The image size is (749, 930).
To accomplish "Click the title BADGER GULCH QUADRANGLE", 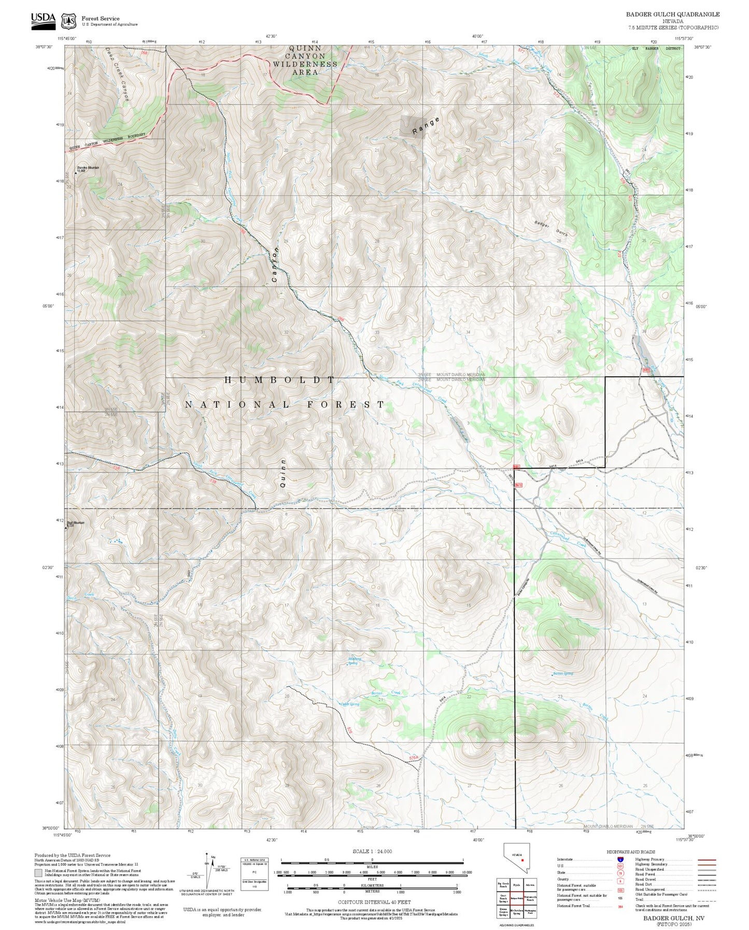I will (672, 15).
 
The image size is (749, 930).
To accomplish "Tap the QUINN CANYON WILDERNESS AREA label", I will (305, 60).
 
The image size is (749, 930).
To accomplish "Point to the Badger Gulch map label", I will (551, 229).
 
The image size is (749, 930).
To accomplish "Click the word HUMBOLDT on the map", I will (280, 380).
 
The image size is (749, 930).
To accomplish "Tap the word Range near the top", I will (426, 126).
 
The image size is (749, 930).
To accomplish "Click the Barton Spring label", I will (563, 673).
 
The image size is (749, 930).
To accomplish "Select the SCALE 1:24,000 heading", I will (372, 851).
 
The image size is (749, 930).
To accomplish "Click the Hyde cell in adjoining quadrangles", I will (516, 886).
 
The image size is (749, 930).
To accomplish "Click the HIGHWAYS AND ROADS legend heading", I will (630, 852).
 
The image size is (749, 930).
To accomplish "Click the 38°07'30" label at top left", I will (44, 47).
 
